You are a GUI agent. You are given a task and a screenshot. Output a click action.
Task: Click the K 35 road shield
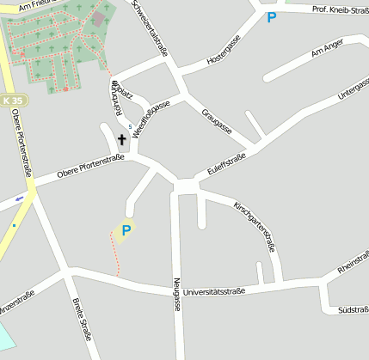click(14, 101)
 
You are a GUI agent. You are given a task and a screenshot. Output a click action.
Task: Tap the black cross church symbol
click(121, 139)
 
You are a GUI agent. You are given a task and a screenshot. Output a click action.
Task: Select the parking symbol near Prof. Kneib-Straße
click(272, 16)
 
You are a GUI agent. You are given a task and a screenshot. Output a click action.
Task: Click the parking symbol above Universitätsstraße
click(126, 229)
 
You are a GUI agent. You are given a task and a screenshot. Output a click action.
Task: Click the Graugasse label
click(217, 122)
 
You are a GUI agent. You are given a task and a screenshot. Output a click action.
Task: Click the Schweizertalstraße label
click(150, 25)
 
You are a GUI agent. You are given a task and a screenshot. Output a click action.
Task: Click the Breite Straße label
click(83, 318)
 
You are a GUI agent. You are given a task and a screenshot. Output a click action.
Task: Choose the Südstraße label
click(354, 309)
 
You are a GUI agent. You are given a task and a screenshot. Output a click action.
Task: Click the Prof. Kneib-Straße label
click(341, 9)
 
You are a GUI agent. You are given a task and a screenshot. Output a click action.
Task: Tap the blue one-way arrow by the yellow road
click(19, 199)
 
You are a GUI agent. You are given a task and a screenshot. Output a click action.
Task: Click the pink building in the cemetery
click(97, 18)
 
